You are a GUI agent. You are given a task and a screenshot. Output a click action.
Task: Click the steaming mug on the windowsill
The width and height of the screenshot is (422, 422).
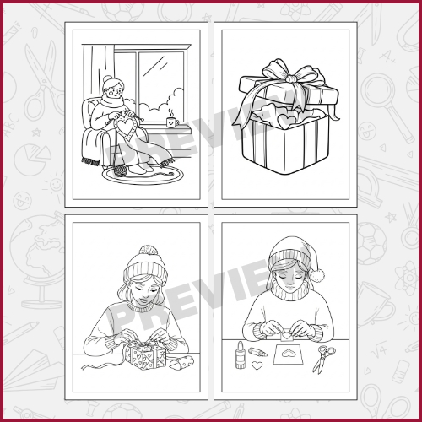coord(172,122)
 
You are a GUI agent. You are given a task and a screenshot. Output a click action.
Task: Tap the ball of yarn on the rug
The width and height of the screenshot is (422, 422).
coord(122,170)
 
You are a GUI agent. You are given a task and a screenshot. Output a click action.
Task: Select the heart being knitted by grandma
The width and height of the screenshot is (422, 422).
coord(125,128)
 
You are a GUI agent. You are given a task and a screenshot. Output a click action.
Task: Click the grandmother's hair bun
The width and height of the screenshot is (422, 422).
coord(107,78)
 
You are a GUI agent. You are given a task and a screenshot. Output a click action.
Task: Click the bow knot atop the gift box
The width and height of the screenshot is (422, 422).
coord(292,78)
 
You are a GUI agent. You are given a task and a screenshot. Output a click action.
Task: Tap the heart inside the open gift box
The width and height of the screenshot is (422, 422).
coord(286,121)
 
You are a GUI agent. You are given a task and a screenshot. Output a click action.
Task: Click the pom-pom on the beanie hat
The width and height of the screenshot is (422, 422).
coord(148,250)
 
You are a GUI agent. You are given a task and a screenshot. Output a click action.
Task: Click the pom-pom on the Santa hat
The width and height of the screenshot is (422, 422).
coord(317,275)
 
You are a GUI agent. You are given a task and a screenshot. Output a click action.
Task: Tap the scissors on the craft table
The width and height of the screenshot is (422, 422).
coord(323,359)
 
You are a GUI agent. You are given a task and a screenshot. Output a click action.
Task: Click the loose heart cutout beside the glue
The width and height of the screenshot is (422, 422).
coord(257,365)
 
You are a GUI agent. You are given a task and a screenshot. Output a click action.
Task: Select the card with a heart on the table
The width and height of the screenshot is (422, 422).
coord(289,354)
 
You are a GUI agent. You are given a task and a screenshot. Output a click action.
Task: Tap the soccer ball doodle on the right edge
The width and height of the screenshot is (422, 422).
coord(372,244)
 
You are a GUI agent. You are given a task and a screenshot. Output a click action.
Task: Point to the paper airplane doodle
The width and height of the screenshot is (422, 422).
coord(32,369)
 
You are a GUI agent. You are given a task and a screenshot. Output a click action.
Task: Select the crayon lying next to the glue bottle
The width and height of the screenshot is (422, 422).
coord(258,352)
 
